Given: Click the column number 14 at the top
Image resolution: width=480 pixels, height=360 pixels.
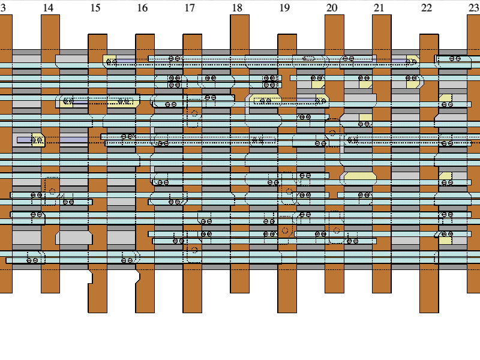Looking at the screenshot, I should point(48,8).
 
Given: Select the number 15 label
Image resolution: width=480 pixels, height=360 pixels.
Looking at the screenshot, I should point(95,8).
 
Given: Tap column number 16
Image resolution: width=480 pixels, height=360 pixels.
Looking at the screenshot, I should point(142,8).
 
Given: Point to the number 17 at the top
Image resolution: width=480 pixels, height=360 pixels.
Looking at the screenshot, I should point(190,8).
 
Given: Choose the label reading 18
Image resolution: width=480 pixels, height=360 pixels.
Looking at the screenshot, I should point(237,8).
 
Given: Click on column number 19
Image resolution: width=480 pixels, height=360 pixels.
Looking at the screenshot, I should point(284,8).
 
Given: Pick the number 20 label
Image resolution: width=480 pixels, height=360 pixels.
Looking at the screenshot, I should point(332,8).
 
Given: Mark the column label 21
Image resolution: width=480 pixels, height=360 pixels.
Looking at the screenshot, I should point(379,8).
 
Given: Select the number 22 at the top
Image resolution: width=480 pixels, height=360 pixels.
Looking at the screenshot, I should point(426,8).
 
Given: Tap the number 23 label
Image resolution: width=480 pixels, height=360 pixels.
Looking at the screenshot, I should point(473,8).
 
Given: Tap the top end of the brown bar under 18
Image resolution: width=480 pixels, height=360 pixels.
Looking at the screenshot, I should point(239,16).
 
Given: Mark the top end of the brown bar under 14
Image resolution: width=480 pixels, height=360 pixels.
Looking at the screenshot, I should point(50,16).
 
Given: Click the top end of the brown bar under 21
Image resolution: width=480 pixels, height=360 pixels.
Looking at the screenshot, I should point(382,16).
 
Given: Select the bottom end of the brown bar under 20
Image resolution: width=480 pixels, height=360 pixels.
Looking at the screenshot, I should point(334,292).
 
